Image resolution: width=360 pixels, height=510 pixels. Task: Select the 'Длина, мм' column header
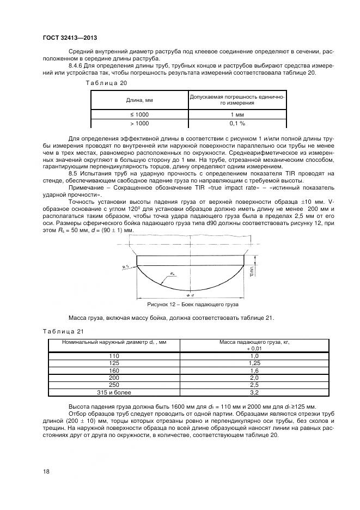[139, 100]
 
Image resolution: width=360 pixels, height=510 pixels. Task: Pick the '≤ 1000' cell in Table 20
[139, 115]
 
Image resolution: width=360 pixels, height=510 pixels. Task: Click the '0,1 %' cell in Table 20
[236, 124]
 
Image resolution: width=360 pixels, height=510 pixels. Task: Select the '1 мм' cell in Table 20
[236, 115]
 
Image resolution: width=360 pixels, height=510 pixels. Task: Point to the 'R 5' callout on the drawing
[126, 267]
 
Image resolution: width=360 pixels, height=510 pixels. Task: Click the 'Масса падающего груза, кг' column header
[254, 342]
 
